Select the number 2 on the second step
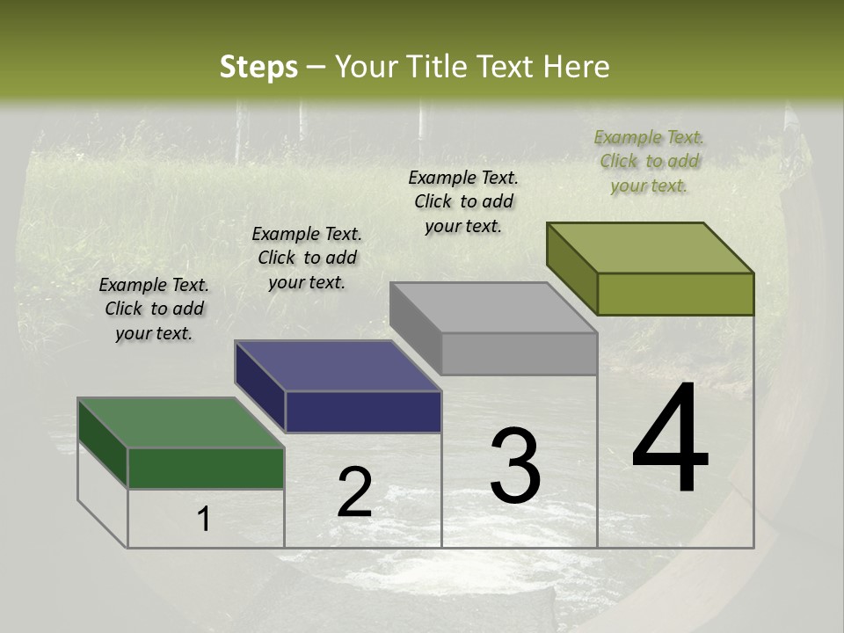[354, 492]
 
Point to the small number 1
[203, 519]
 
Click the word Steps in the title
[258, 67]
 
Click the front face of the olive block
[675, 294]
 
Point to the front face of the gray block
[519, 353]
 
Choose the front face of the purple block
[363, 411]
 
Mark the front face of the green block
[206, 468]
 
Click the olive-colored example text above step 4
[649, 161]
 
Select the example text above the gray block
[463, 201]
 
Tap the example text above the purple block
[307, 258]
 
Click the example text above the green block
[154, 309]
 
